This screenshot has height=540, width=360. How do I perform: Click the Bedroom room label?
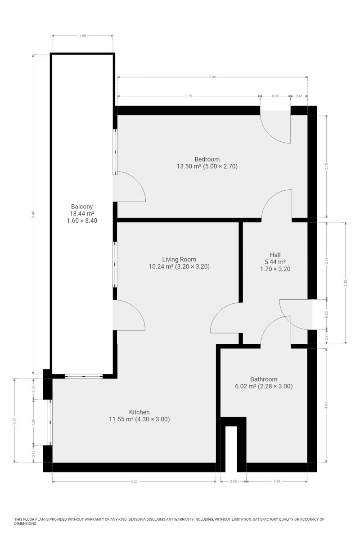pyautogui.click(x=207, y=159)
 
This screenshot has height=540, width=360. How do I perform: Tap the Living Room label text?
pyautogui.click(x=179, y=259)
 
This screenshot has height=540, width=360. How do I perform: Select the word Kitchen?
pyautogui.click(x=139, y=412)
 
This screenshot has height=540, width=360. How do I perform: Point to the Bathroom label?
pyautogui.click(x=264, y=379)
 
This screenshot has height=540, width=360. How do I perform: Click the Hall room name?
pyautogui.click(x=275, y=255)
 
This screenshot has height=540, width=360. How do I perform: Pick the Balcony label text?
pyautogui.click(x=82, y=207)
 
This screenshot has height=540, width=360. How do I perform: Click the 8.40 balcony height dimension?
pyautogui.click(x=33, y=214)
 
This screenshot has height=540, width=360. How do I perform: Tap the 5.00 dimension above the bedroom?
pyautogui.click(x=212, y=77)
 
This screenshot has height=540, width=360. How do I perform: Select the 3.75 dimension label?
pyautogui.click(x=189, y=96)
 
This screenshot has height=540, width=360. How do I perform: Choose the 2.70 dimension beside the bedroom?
pyautogui.click(x=327, y=166)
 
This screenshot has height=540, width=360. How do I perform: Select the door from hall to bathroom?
pyautogui.click(x=276, y=331)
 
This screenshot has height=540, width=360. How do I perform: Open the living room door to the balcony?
pyautogui.click(x=129, y=315)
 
